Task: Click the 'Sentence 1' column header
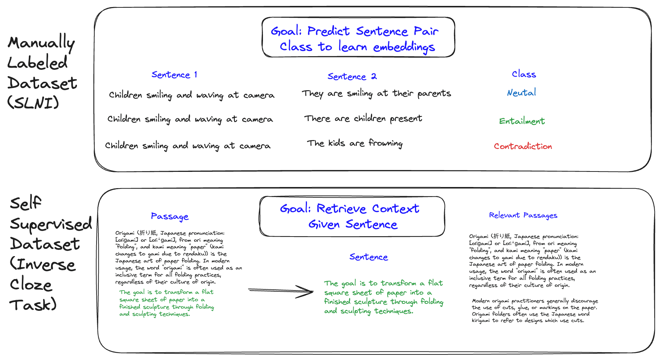tap(174, 75)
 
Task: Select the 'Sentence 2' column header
tap(352, 77)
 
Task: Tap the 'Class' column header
tap(524, 74)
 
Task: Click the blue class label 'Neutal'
tap(521, 92)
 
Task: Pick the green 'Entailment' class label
tap(522, 121)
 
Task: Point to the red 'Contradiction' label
tap(523, 146)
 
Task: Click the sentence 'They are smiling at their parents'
tap(376, 94)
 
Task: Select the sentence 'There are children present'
tap(363, 119)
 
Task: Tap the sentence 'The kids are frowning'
tap(355, 143)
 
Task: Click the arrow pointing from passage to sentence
tap(281, 291)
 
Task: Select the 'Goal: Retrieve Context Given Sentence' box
tap(352, 216)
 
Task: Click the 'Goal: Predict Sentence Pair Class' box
tap(358, 38)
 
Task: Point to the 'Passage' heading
tap(170, 216)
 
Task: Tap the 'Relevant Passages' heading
tap(523, 215)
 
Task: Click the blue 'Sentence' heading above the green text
tap(369, 257)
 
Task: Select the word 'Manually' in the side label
tap(41, 43)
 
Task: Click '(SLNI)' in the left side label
tap(33, 102)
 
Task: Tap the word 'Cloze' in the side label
tap(31, 285)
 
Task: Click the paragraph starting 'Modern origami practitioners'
tap(534, 310)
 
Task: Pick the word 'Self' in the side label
tap(26, 203)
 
